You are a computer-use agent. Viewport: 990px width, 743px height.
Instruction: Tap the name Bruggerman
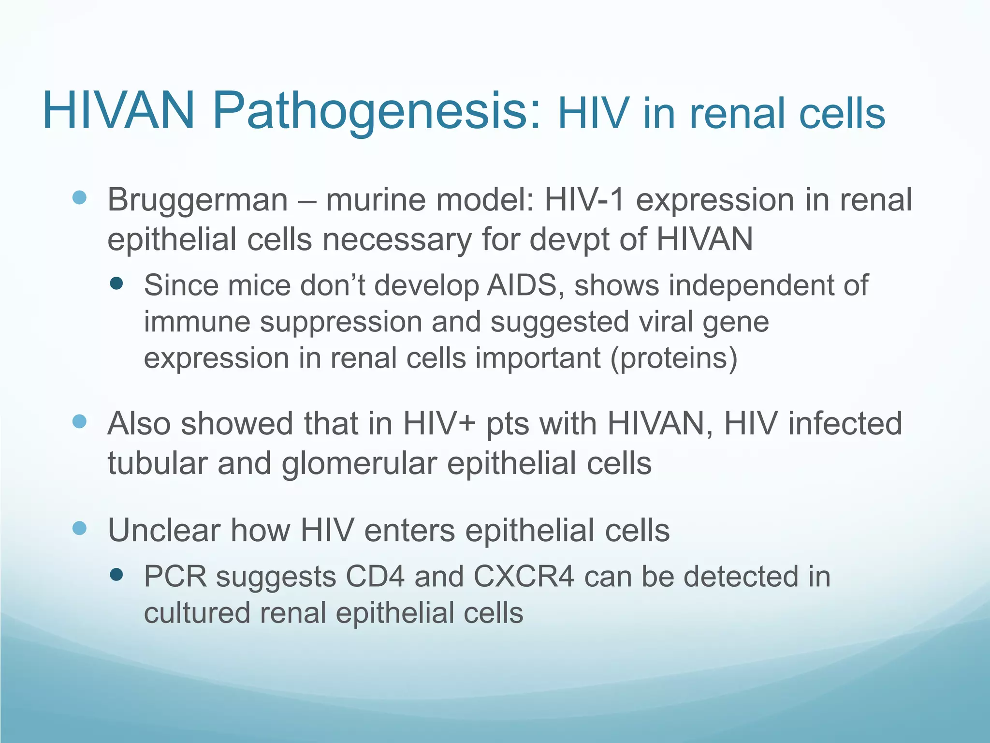197,200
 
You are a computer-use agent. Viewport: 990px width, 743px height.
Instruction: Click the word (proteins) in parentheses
674,358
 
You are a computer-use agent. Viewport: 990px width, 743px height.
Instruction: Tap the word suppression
341,322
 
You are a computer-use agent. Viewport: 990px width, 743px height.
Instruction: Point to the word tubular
157,463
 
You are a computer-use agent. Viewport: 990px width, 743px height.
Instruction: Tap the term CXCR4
524,577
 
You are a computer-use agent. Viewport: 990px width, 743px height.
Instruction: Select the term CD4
375,577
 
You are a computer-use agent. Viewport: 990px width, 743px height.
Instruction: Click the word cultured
197,613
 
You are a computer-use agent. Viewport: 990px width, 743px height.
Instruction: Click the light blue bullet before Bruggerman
79,197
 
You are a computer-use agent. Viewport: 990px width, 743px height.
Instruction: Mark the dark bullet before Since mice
116,283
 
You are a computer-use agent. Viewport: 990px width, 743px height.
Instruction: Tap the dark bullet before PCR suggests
116,575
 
